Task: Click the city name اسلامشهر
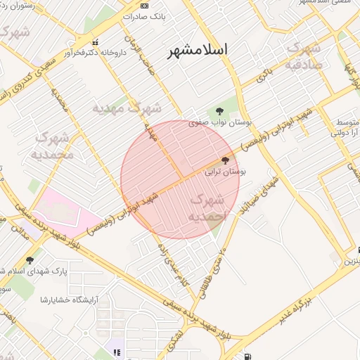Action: pos(198,51)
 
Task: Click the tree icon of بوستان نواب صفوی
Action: pos(220,110)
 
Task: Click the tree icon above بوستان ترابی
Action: pos(225,161)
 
